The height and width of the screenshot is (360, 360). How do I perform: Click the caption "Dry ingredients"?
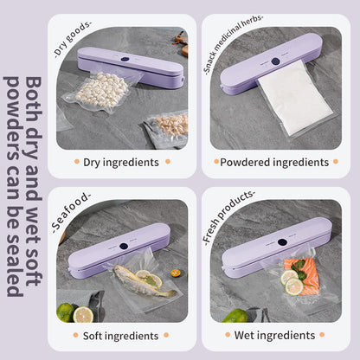click(x=120, y=162)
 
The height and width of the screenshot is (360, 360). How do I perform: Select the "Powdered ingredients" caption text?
click(x=274, y=162)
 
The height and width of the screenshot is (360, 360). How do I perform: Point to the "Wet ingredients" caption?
click(x=274, y=334)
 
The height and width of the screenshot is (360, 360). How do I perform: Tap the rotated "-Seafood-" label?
click(x=68, y=211)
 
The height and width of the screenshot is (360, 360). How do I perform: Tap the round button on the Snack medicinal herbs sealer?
click(x=276, y=62)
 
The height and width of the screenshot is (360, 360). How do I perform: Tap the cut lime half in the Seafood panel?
click(x=83, y=314)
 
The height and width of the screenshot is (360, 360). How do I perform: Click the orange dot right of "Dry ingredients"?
click(x=167, y=162)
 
